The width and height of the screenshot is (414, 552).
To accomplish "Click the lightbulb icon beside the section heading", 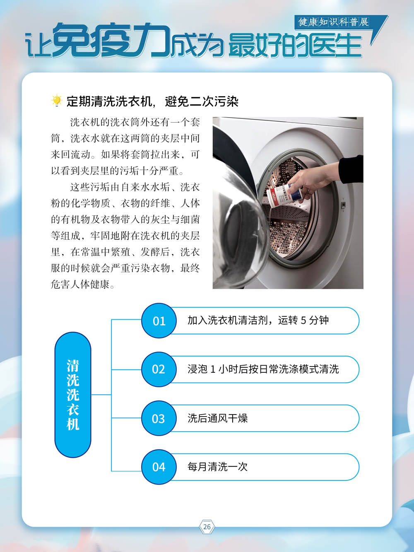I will pos(56,101).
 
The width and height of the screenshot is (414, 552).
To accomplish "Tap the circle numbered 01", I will pos(159,321).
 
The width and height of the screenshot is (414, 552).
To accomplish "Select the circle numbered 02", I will pos(159,369).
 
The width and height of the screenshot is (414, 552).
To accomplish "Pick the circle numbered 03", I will pos(159,418).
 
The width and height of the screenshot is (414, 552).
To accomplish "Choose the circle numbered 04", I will pos(159,467).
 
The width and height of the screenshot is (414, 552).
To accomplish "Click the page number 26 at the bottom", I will pos(207,527).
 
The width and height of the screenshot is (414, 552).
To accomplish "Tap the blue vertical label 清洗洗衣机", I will pos(73,395).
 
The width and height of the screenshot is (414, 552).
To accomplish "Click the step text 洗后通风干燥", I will pos(217,418).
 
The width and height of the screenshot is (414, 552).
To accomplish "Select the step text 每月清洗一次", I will pos(217,467).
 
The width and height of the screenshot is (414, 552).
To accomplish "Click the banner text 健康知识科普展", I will pos(334,22).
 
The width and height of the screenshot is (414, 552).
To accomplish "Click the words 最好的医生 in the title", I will pos(295,45).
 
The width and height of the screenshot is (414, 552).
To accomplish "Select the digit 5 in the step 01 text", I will pos(303,321).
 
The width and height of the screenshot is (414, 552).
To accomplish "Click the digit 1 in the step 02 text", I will pos(213,369).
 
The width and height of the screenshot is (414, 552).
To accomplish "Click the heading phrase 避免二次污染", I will pos(202,101).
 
